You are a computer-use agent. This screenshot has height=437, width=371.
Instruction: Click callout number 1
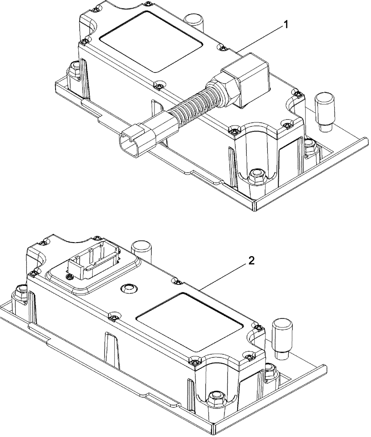287,25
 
